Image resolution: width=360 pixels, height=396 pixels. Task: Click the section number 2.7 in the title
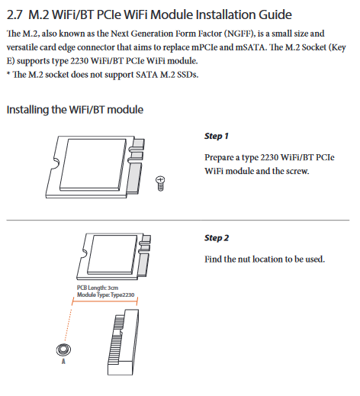(14, 14)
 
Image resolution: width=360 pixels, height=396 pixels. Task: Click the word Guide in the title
(275, 14)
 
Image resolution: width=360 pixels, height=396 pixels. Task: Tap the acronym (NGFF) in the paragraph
(239, 34)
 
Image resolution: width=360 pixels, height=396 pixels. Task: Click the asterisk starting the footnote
(8, 73)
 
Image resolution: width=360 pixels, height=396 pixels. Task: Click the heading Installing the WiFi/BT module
(75, 110)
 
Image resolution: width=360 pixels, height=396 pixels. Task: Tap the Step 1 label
(217, 136)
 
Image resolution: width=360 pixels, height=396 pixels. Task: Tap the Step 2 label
(217, 238)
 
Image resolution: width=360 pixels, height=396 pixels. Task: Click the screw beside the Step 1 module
(160, 183)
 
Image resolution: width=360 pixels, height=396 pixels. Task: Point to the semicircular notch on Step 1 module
(56, 163)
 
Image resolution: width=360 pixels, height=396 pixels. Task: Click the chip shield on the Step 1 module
(92, 164)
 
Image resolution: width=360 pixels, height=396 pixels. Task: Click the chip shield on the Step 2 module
(112, 254)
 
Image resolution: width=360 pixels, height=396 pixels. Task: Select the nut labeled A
(63, 349)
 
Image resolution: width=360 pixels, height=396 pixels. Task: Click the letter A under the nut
(63, 362)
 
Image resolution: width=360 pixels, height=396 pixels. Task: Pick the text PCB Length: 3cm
(98, 288)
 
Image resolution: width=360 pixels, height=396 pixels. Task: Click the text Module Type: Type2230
(106, 295)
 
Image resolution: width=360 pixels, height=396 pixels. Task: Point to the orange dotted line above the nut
(68, 325)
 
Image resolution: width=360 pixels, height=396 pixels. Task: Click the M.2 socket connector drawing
(123, 342)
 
